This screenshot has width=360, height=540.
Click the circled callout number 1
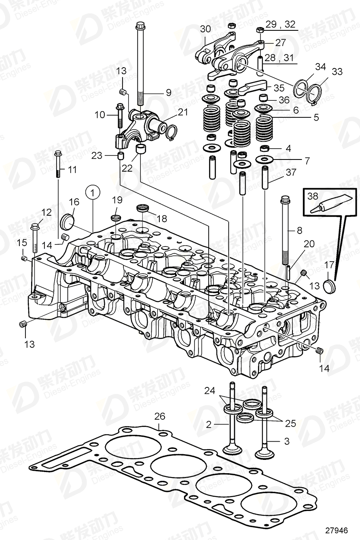click(93, 193)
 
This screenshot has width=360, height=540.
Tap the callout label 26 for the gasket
click(160, 416)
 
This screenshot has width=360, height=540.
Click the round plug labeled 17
click(331, 285)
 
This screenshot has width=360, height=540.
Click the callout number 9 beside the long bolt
click(168, 93)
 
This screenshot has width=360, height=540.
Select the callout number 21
click(183, 112)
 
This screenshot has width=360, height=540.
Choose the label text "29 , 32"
click(281, 24)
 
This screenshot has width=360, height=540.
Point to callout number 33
click(337, 72)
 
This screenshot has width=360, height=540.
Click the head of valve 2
click(230, 451)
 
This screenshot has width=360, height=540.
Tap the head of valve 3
click(263, 453)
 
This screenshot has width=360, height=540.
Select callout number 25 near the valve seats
click(290, 423)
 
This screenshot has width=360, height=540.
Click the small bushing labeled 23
click(121, 156)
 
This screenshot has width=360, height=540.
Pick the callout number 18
click(162, 219)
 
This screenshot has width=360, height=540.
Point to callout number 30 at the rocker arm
click(205, 29)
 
